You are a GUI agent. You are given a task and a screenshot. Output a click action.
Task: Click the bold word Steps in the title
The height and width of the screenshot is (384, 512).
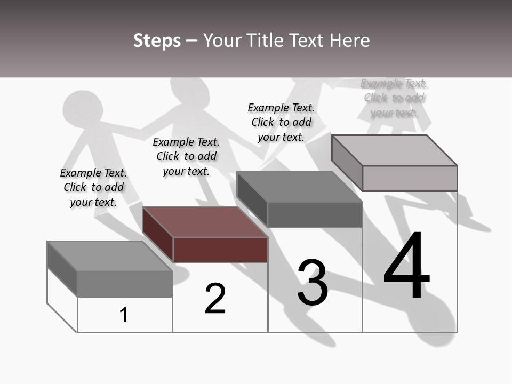point(157,41)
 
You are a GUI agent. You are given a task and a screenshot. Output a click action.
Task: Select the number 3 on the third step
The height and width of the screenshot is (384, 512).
point(312,283)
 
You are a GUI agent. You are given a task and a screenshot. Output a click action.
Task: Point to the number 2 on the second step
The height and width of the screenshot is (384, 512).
point(215,298)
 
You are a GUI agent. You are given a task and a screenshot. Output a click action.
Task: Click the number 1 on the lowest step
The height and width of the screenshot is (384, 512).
point(124,315)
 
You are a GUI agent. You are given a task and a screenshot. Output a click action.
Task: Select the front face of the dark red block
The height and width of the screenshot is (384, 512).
point(220,250)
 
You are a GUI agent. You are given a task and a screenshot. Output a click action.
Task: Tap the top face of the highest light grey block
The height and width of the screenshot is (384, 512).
point(395,150)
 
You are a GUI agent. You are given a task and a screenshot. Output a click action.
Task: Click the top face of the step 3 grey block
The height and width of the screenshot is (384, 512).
point(299,187)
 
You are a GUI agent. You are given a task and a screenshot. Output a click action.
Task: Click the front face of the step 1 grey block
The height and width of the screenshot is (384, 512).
point(125,284)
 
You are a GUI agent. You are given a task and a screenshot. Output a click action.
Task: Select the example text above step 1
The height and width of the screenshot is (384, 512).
point(93,187)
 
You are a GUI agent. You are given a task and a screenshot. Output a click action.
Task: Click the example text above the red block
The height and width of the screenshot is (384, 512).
point(186,156)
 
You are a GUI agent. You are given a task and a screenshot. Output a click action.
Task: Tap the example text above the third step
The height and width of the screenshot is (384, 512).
point(281,122)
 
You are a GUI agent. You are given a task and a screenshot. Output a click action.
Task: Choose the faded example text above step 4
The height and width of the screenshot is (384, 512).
point(394,98)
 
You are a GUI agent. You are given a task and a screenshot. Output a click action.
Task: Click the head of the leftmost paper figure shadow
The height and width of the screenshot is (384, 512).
point(82,108)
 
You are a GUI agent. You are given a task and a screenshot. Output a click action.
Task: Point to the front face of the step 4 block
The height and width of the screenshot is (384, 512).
point(410,178)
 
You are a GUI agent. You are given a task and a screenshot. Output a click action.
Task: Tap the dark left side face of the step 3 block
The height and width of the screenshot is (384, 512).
point(252,199)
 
